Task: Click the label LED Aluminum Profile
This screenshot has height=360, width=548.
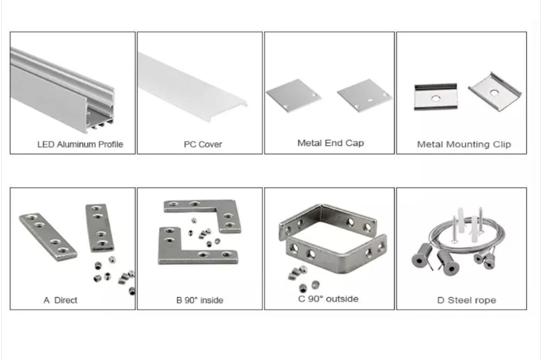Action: tap(80, 144)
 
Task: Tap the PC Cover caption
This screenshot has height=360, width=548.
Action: tap(202, 144)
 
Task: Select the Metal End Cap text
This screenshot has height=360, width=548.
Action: tap(330, 143)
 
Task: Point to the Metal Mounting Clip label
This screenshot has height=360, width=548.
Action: tap(464, 144)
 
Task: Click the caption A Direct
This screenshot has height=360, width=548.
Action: tap(60, 300)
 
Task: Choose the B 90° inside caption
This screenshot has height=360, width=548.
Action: tap(199, 300)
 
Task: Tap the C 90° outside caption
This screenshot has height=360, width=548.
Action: tap(328, 298)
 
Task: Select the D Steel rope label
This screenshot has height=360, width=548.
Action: tap(466, 300)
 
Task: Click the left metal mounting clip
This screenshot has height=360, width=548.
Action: tap(435, 97)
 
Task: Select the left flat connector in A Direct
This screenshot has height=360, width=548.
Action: tap(47, 235)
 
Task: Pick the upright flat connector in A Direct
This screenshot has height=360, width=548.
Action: tap(98, 229)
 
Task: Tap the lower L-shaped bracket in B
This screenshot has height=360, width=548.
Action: tap(183, 248)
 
